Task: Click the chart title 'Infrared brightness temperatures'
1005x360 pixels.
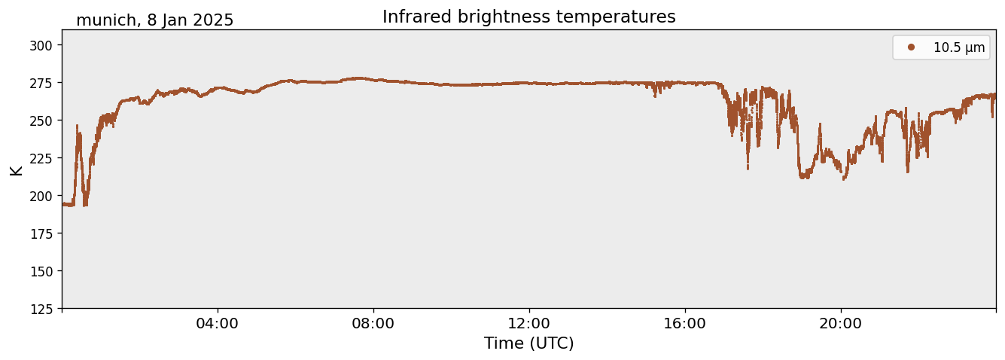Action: pyautogui.click(x=528, y=17)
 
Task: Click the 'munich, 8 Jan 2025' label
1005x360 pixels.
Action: pyautogui.click(x=154, y=20)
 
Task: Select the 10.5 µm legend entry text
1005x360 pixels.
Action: pyautogui.click(x=958, y=47)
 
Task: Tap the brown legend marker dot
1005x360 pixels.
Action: pyautogui.click(x=911, y=47)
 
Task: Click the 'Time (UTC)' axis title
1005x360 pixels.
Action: pyautogui.click(x=528, y=343)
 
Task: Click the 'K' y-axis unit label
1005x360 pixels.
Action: pyautogui.click(x=16, y=169)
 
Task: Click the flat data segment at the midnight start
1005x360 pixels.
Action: pyautogui.click(x=68, y=204)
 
